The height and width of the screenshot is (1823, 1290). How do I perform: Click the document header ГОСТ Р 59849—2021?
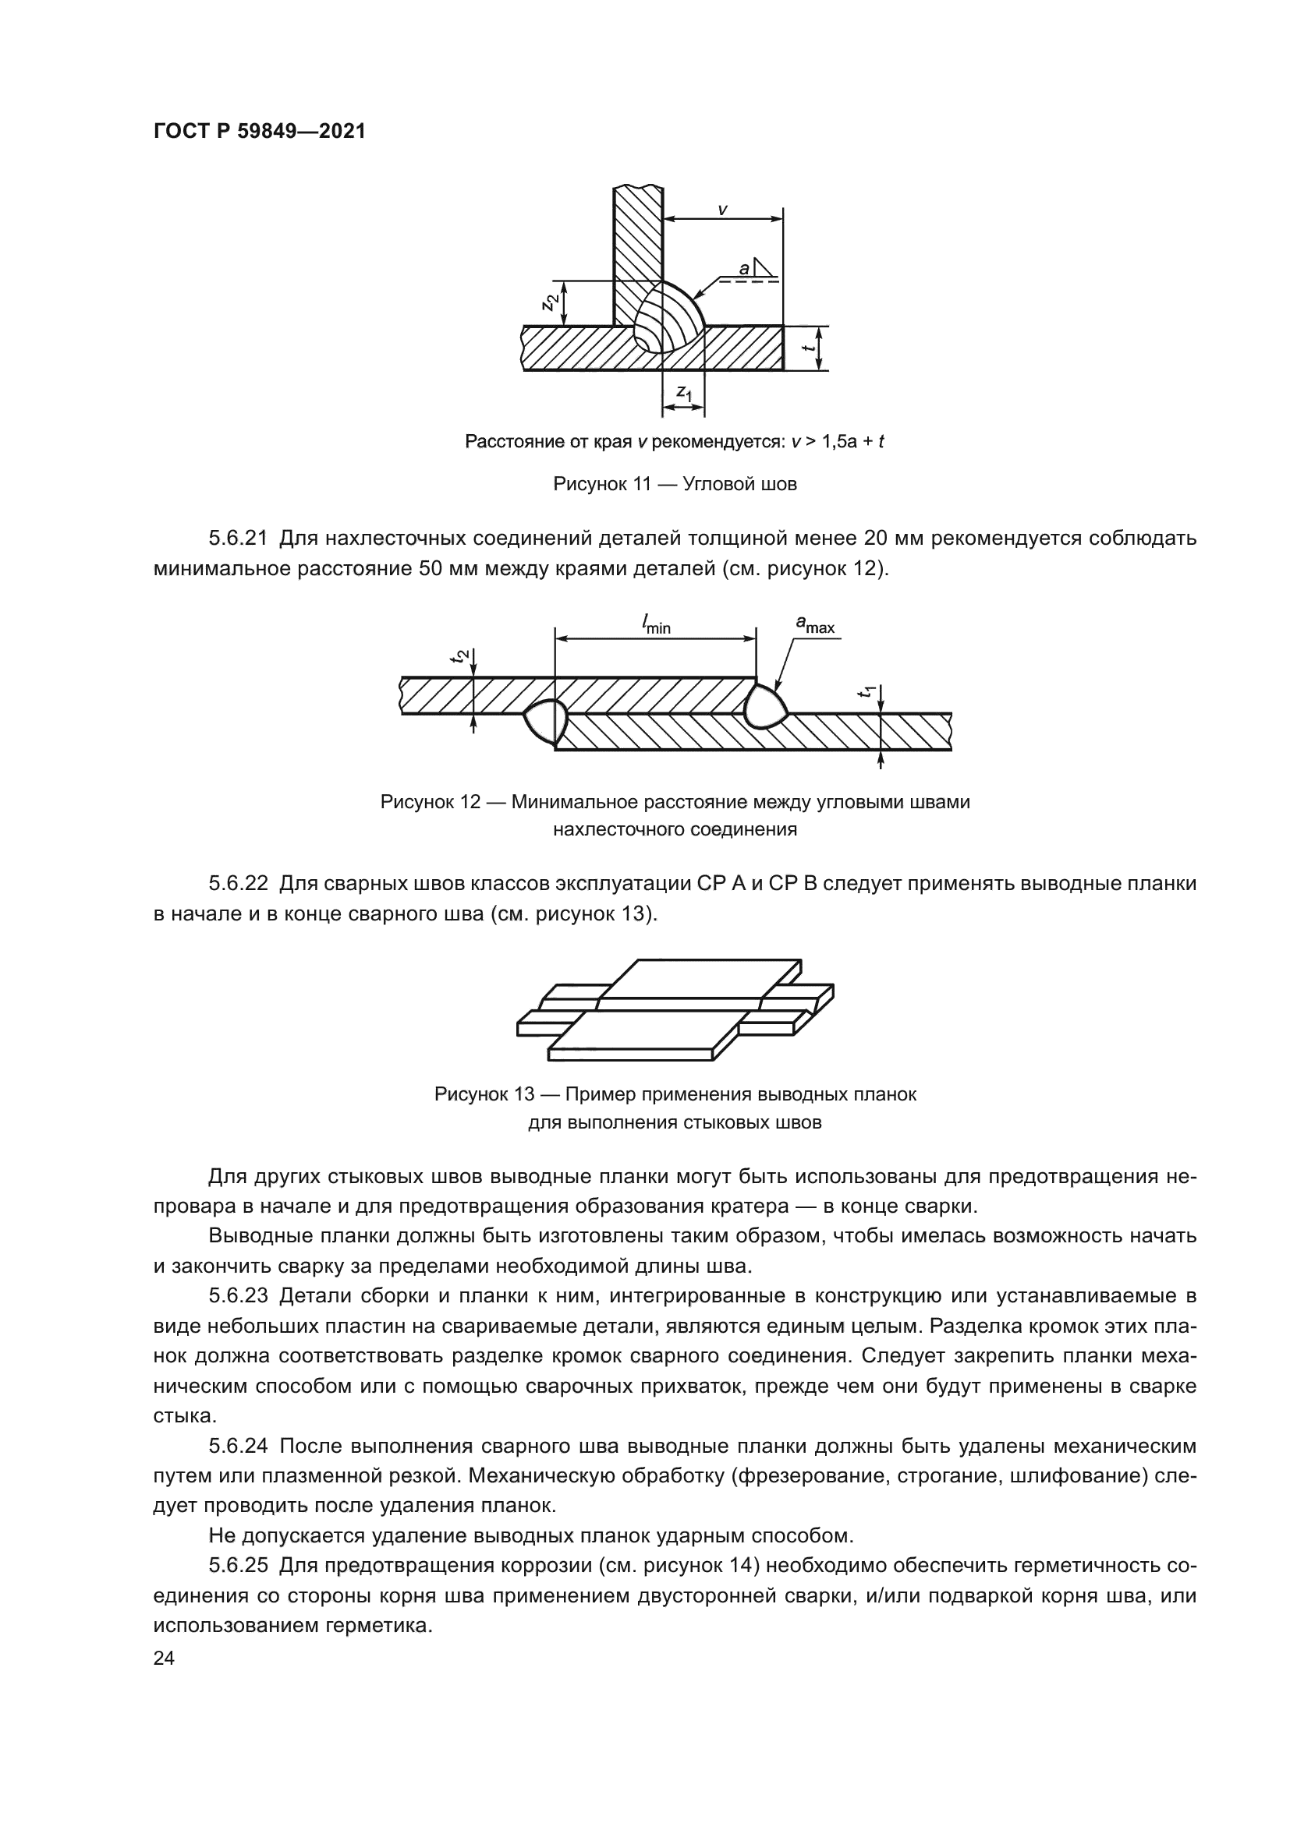259,132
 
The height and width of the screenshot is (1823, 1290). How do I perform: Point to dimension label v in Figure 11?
722,210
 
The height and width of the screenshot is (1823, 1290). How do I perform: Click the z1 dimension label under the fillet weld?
684,391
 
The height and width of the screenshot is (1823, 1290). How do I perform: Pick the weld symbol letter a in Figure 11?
743,269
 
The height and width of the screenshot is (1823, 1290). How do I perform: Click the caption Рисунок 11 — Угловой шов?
675,483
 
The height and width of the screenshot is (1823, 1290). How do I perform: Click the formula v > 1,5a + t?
838,441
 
